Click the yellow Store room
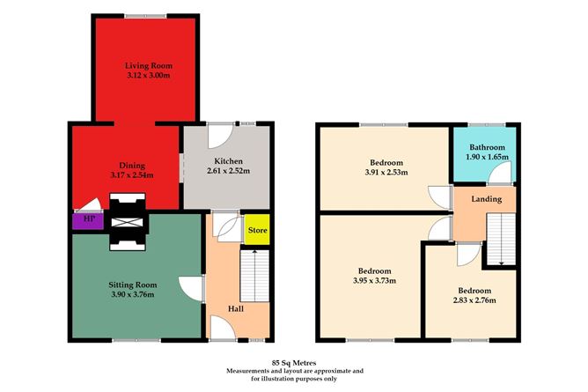pyautogui.click(x=257, y=230)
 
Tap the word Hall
pyautogui.click(x=235, y=309)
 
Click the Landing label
pyautogui.click(x=486, y=199)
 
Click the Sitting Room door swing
pyautogui.click(x=189, y=286)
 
